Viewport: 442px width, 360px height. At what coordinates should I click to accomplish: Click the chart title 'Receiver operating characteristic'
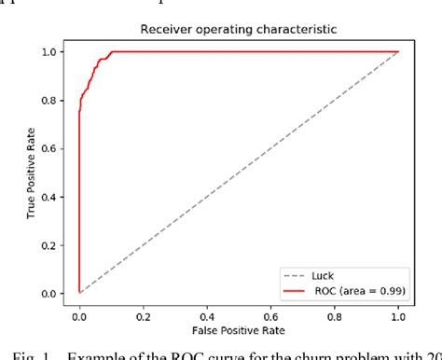[238, 29]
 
